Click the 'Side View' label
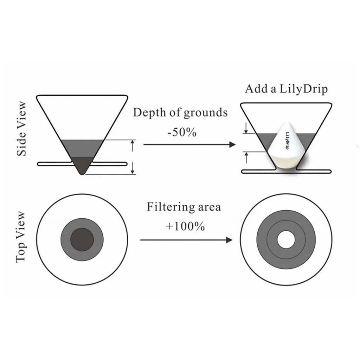coord(22,129)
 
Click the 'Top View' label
coord(21,237)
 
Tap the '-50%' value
coord(181,133)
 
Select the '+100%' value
coord(185,226)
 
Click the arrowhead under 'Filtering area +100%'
coord(229,240)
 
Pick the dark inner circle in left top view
coord(82,239)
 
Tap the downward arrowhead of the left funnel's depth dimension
coord(133,171)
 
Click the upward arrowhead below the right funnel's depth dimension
coord(246,155)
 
